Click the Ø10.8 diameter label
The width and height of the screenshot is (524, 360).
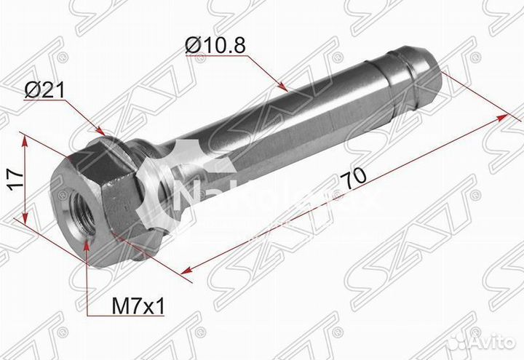[215, 45]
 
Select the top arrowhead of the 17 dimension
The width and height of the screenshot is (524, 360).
[27, 138]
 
